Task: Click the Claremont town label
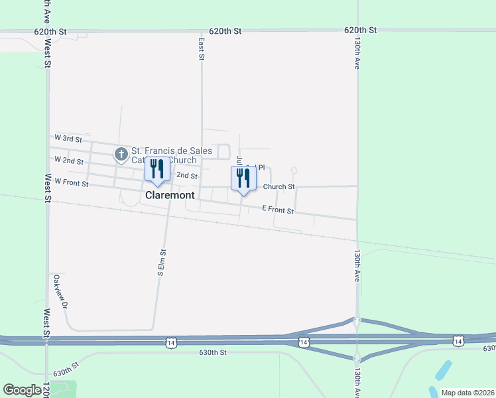tap(170, 196)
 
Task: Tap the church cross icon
tap(121, 155)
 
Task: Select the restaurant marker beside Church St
tap(243, 178)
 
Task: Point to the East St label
tap(201, 48)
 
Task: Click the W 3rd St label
tap(68, 140)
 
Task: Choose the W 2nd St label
tap(69, 161)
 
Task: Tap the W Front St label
tap(71, 182)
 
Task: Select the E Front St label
tap(277, 210)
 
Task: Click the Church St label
tap(279, 187)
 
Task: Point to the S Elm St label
tap(160, 262)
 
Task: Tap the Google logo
tap(23, 390)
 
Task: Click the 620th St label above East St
tap(225, 31)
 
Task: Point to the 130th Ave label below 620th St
tap(357, 53)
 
